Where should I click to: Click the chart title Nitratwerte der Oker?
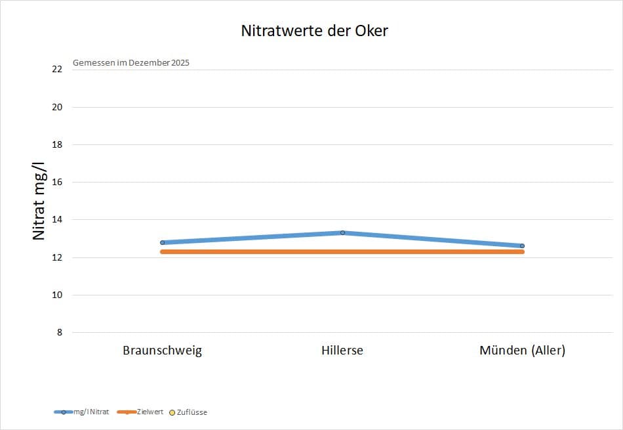point(314,31)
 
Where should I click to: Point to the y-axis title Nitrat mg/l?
point(39,201)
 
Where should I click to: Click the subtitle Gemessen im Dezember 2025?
point(131,63)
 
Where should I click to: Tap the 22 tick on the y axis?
point(57,69)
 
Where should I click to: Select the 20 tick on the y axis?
point(57,107)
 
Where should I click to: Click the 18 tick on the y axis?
point(57,145)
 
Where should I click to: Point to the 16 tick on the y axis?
point(57,183)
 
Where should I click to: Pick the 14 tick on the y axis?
point(57,219)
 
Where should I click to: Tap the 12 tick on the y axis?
point(57,257)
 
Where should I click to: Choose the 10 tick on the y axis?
point(57,295)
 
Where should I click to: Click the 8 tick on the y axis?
point(60,332)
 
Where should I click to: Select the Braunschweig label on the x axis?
point(162,351)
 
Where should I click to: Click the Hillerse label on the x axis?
point(342,351)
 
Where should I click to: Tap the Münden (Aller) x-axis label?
point(523,351)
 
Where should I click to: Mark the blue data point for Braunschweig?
point(163,243)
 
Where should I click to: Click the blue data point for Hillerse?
point(342,232)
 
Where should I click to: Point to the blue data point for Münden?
point(523,246)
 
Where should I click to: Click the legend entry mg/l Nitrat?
point(81,412)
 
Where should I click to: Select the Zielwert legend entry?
point(140,412)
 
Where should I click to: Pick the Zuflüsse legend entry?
point(188,412)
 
